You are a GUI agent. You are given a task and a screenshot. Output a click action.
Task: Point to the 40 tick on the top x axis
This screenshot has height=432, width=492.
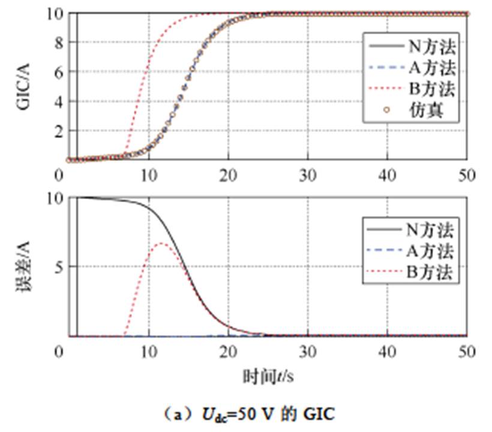click(387, 175)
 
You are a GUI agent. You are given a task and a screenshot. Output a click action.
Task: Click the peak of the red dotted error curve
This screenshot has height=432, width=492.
click(161, 243)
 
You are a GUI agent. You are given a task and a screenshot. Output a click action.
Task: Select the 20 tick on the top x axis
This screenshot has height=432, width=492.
click(228, 175)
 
